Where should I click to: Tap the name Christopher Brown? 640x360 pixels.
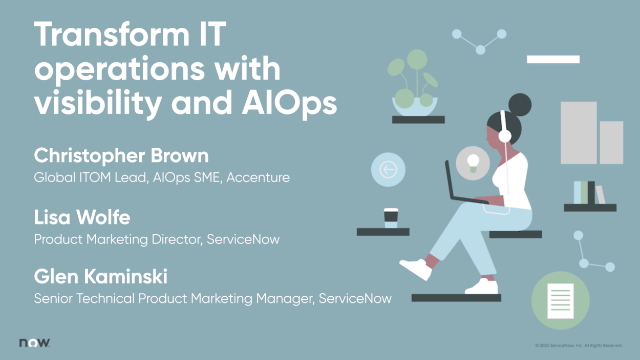[x=123, y=157]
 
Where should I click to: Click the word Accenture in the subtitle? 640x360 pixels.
[x=257, y=178]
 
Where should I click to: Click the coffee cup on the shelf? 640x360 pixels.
[x=391, y=217]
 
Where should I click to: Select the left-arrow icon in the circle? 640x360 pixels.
[x=388, y=170]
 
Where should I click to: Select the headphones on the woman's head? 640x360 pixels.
[x=505, y=128]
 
